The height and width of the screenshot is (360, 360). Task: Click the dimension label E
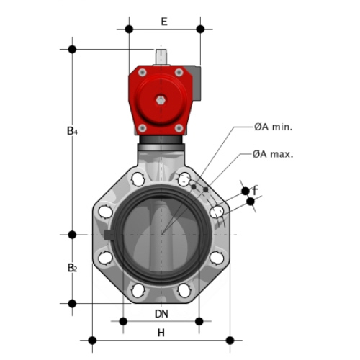click(x=164, y=22)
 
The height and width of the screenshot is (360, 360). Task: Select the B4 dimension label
click(x=72, y=131)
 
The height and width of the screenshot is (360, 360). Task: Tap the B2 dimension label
click(x=72, y=268)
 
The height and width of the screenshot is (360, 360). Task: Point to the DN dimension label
click(x=161, y=314)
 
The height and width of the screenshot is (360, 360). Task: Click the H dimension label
click(x=161, y=333)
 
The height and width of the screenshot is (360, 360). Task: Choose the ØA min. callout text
click(x=274, y=127)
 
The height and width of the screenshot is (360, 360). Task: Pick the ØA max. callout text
click(x=273, y=154)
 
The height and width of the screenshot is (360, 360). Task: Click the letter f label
click(x=256, y=190)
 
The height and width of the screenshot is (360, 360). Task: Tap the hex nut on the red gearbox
click(x=161, y=100)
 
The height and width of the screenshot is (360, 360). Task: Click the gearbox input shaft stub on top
click(x=161, y=57)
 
